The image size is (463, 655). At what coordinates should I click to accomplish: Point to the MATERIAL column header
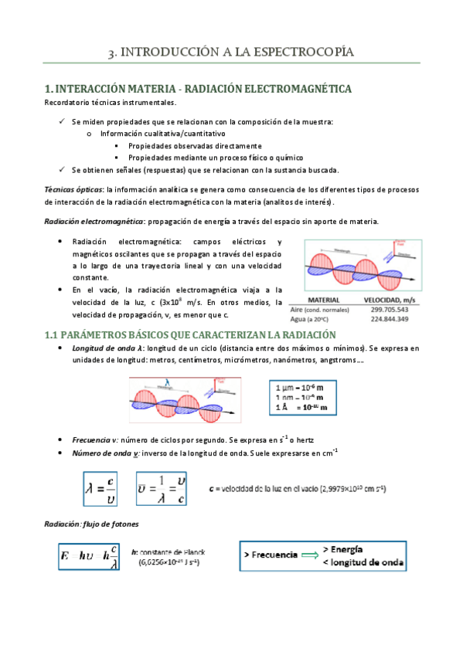pos(325,299)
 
